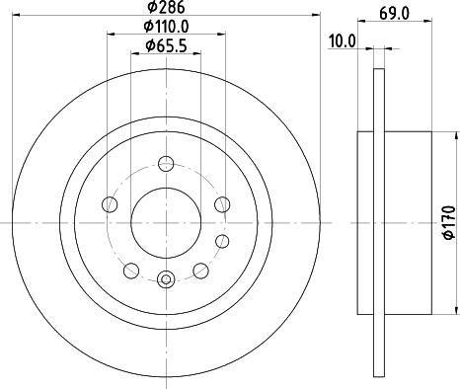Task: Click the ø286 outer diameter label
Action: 167,7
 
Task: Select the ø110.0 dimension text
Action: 167,27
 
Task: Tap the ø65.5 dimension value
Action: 167,45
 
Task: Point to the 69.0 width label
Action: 394,14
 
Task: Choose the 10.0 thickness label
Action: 343,41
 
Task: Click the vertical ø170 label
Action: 449,222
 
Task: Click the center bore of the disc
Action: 166,223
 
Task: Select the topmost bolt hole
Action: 166,164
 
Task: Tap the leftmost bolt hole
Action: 110,204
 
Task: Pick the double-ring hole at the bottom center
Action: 166,279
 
